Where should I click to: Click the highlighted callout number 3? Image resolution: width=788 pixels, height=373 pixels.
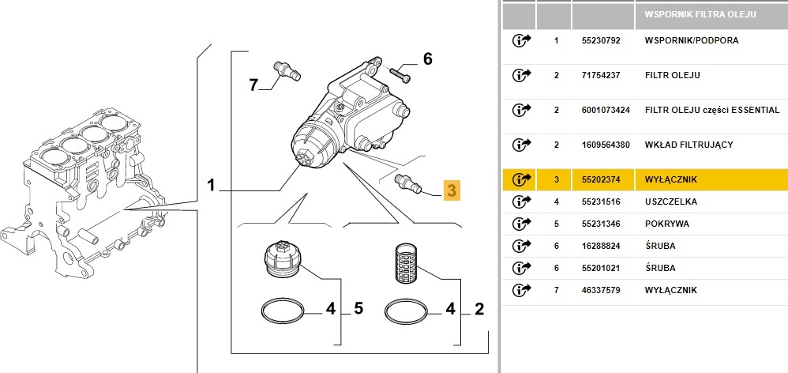[451, 190]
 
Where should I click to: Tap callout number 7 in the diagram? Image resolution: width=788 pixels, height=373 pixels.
[254, 85]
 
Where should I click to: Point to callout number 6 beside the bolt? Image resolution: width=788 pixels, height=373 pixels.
[428, 58]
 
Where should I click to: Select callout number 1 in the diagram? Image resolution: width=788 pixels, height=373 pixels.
[211, 186]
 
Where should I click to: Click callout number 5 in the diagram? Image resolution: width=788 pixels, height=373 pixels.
[358, 308]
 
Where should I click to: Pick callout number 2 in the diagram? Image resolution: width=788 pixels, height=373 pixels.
[478, 308]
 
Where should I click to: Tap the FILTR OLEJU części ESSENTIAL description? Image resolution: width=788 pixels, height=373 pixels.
[711, 110]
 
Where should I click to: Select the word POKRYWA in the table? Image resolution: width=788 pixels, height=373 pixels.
[666, 224]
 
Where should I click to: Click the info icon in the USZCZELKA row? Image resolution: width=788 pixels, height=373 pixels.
[521, 202]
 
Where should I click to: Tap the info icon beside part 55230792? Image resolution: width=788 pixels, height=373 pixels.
[521, 40]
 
